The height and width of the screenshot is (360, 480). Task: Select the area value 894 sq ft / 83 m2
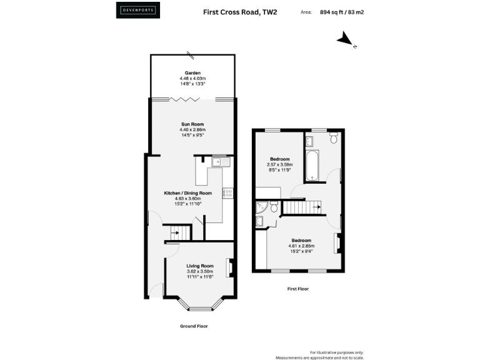342,11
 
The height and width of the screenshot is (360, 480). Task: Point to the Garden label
192,73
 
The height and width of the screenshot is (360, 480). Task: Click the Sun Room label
192,124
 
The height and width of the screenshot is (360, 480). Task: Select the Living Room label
200,266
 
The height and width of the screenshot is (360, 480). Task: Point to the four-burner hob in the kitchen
229,194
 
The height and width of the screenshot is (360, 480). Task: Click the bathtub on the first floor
312,162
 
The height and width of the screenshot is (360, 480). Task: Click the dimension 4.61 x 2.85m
300,246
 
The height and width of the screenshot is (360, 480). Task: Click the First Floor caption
297,289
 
